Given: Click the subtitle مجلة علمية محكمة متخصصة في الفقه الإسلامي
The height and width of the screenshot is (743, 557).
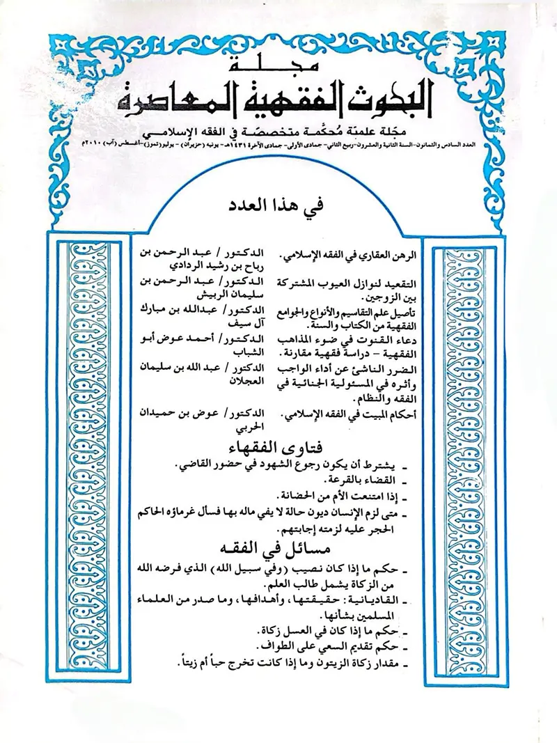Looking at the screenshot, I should (278, 134).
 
